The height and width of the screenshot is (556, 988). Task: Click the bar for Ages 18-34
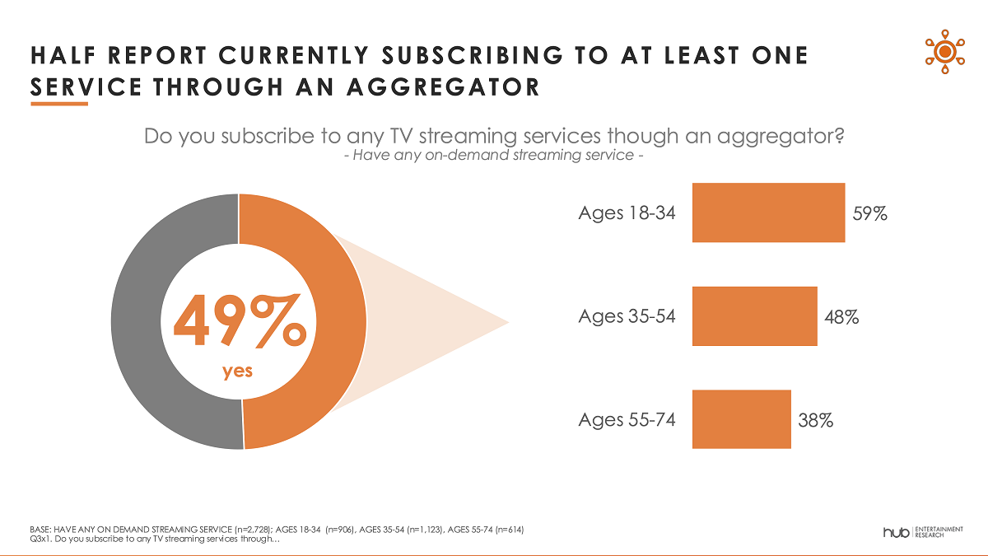tap(768, 213)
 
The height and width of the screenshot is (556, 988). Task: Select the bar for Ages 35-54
tap(754, 316)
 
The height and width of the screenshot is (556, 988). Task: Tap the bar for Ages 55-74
tap(741, 419)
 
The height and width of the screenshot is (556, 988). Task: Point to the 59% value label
tap(869, 213)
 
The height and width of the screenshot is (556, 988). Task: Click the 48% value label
tap(841, 316)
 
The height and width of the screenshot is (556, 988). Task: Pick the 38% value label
tap(815, 420)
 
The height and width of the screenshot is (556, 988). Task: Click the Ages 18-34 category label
tap(627, 213)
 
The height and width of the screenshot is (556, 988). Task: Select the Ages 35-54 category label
tap(627, 316)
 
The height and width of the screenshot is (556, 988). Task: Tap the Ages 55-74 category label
tap(627, 420)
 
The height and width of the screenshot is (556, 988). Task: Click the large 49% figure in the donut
tap(239, 323)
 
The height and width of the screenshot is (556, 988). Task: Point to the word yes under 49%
tap(237, 371)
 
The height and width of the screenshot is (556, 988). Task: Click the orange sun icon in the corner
tap(944, 51)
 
